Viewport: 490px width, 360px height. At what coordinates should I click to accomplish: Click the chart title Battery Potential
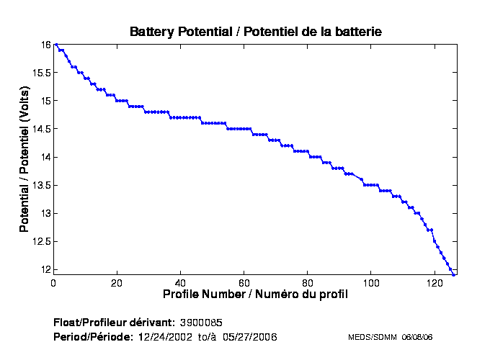(x=255, y=32)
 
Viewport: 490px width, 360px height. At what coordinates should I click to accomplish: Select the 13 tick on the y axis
(x=45, y=214)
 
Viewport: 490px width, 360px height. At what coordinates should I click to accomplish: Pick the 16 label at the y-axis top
(x=45, y=45)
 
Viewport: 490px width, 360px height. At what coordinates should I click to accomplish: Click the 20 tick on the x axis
(x=117, y=283)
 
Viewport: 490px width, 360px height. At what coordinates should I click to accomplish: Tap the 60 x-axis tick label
(x=244, y=283)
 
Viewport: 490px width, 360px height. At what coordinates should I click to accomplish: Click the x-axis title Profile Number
(x=255, y=294)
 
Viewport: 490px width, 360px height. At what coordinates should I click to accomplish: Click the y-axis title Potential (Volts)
(x=24, y=158)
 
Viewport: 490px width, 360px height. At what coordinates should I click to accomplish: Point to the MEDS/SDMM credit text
(x=390, y=337)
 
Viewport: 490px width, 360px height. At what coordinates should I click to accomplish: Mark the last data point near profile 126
(x=453, y=274)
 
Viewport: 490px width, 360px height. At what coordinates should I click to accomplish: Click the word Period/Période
(x=93, y=337)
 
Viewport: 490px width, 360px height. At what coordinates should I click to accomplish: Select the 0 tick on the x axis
(x=53, y=283)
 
